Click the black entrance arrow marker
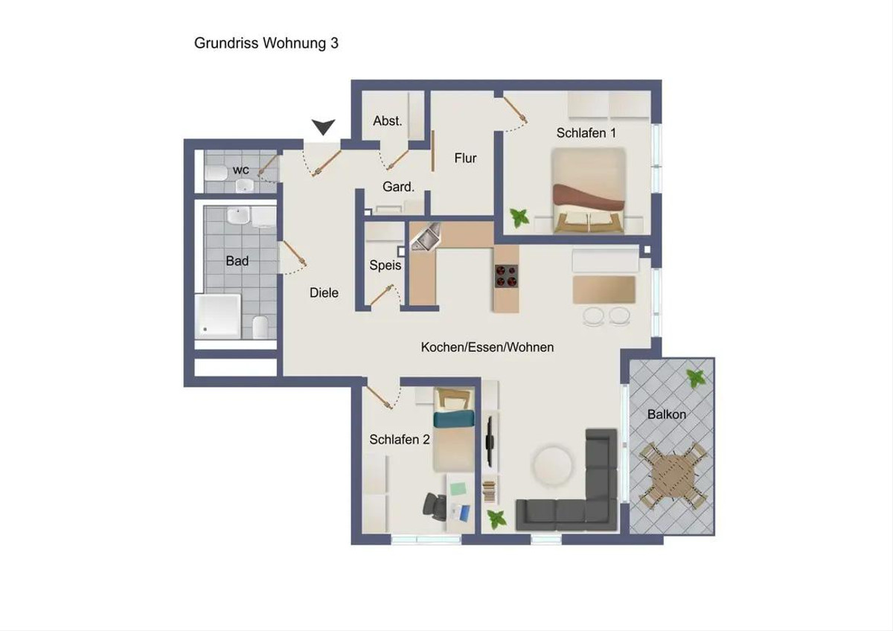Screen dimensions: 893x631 click(323, 127)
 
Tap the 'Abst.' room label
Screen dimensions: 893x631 click(388, 121)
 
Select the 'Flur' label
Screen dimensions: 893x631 click(465, 158)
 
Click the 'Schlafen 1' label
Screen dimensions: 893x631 click(586, 132)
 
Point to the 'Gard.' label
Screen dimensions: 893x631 click(398, 187)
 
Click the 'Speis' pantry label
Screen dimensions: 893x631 click(385, 265)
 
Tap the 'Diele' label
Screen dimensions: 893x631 click(324, 292)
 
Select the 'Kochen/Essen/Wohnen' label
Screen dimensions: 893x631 click(487, 347)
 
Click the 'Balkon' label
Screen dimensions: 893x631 click(667, 414)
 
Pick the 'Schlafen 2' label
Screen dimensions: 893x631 click(400, 439)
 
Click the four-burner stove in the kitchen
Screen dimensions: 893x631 click(507, 276)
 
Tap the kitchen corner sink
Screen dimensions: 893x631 click(426, 237)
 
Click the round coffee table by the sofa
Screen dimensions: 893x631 click(552, 466)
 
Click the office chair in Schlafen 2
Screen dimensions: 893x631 click(435, 506)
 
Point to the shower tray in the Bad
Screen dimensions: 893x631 click(217, 315)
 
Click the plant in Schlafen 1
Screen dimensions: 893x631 click(519, 218)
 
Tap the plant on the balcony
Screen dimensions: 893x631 click(696, 378)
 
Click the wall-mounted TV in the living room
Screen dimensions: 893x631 click(490, 442)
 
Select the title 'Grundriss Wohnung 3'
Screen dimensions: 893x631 click(266, 43)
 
